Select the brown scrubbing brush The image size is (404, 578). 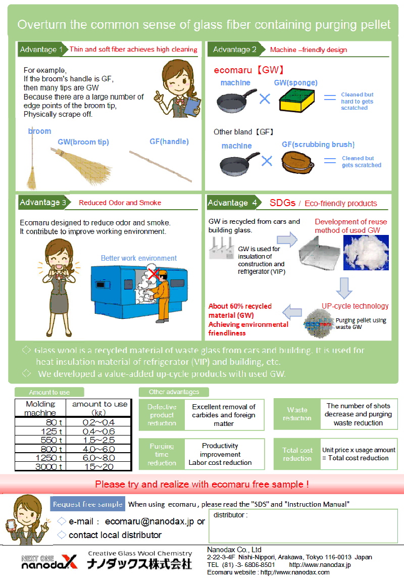pos(297,163)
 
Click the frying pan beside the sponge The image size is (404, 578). pos(236,100)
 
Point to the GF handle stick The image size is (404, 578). pos(161,166)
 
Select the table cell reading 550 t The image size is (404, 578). pos(40,440)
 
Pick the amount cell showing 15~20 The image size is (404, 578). pos(98,467)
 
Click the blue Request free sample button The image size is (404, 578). pos(88,504)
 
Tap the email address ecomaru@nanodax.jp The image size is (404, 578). pos(149,521)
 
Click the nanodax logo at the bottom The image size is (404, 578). pos(49,561)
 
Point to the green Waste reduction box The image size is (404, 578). pos(297,414)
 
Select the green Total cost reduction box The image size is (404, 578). pos(297,454)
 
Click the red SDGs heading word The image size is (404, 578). pos(282,203)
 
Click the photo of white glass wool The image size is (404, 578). pos(366,253)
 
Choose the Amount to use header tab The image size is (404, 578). pos(49,392)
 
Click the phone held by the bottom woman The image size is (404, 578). pos(11,524)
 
